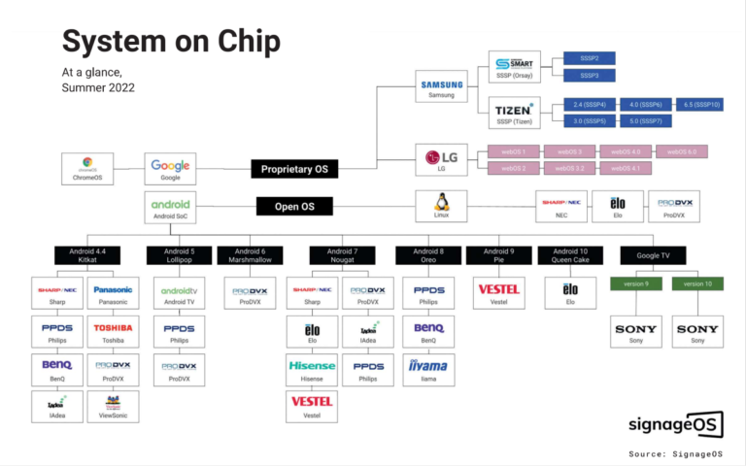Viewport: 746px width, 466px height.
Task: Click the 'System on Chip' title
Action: click(171, 42)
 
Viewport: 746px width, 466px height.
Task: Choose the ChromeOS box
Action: click(87, 168)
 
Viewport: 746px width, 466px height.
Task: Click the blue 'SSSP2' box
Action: click(589, 58)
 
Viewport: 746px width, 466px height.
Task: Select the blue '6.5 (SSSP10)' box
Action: click(701, 104)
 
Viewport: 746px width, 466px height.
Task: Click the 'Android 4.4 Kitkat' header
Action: click(87, 255)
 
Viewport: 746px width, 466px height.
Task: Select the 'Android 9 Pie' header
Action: click(499, 255)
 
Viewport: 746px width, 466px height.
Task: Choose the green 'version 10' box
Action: click(697, 283)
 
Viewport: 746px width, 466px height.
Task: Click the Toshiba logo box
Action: click(113, 331)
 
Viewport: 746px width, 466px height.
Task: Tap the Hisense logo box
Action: click(312, 369)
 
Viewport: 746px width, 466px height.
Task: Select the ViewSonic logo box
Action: click(113, 406)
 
